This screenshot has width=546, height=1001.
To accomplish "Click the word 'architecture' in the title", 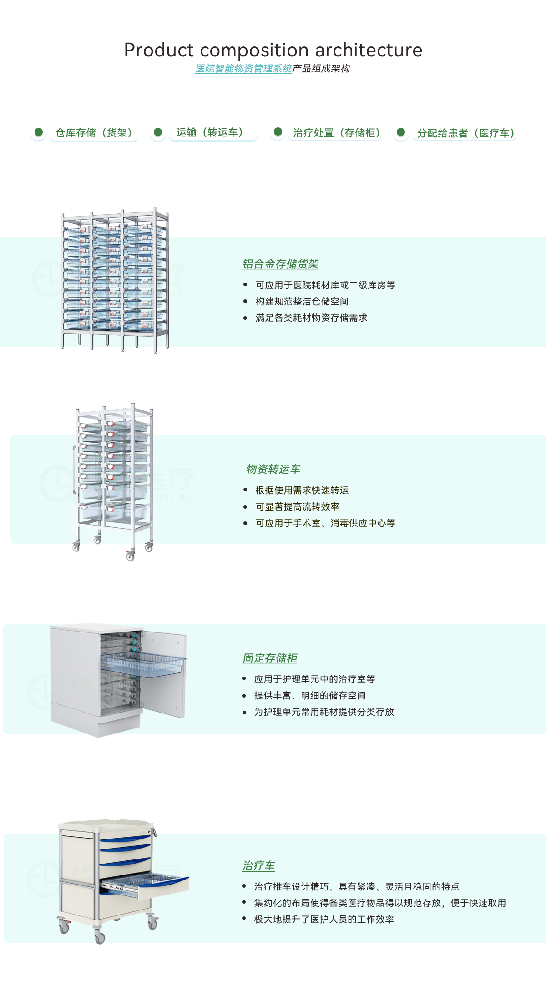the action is pos(369,50).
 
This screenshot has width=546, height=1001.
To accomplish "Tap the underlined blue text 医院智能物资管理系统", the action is pos(244,69).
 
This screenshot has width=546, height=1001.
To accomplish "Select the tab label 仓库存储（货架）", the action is pos(94,133).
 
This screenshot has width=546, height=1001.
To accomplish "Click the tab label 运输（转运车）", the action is pos(210,132).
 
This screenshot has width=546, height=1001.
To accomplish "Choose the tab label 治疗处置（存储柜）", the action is pos(337,133).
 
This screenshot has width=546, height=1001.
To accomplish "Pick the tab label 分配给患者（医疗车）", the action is pos(466,133).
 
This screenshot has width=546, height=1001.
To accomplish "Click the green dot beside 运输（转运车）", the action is pos(158,132).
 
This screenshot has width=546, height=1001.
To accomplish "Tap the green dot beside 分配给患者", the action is pos(401,132).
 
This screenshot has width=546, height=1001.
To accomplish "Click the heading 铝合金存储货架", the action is pos(280,264).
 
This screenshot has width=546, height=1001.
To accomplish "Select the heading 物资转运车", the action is pos(273,470).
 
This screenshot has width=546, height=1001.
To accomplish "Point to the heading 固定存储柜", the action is pos(270,658).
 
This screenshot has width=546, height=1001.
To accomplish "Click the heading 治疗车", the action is pos(258,866).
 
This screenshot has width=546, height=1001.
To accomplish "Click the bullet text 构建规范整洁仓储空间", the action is pos(302,302).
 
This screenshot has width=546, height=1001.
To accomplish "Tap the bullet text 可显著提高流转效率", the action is pos(298,507).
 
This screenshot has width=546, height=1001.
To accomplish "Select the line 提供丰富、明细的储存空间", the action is pos(310,696).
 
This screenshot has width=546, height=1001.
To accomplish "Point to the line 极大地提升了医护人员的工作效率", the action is pos(324,920).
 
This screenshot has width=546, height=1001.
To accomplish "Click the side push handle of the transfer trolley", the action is pos(74,470).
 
